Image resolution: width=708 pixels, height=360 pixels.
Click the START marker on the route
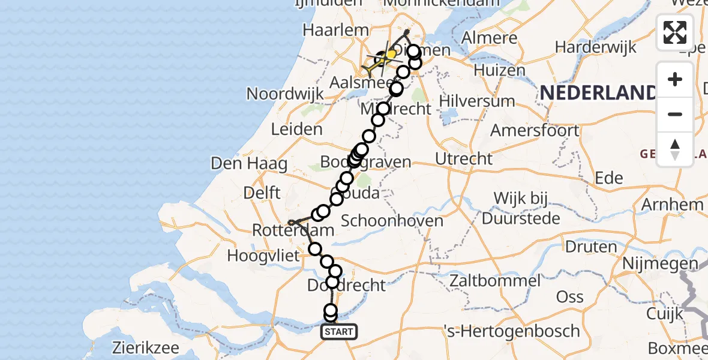click(x=339, y=332)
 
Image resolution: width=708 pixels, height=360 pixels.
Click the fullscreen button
click(x=675, y=32)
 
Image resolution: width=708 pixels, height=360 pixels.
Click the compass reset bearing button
click(x=675, y=149)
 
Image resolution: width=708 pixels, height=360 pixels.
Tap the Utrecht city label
click(x=464, y=159)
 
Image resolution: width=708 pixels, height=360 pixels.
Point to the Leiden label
click(x=296, y=129)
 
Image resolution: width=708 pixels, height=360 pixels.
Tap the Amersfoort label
click(x=535, y=130)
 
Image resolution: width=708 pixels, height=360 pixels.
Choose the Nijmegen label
click(x=660, y=263)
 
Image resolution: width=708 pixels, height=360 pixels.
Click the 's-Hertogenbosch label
click(x=511, y=331)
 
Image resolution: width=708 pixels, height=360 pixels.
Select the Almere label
click(x=490, y=38)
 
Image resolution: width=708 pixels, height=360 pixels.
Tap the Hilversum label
click(x=477, y=100)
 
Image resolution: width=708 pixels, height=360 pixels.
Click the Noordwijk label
click(x=286, y=94)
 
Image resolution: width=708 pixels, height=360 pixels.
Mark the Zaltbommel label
click(x=493, y=280)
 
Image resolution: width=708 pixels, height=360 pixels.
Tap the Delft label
click(x=262, y=193)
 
